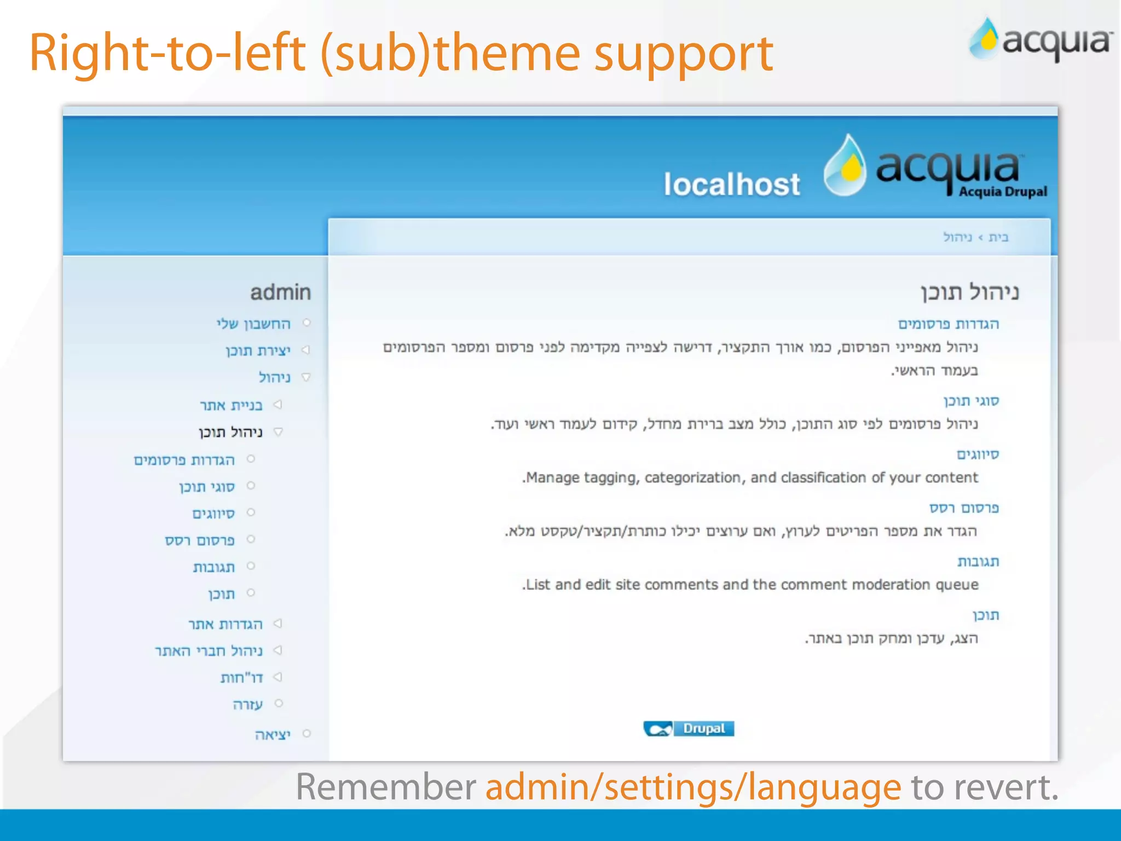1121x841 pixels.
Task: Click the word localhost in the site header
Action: (732, 184)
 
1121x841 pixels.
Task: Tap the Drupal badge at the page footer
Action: (689, 729)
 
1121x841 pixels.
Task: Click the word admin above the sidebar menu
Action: (280, 292)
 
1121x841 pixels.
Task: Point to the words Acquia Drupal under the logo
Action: (1003, 192)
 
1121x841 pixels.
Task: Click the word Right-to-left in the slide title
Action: (167, 53)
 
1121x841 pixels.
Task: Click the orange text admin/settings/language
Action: (693, 787)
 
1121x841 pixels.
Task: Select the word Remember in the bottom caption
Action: (386, 787)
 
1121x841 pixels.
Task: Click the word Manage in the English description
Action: (552, 478)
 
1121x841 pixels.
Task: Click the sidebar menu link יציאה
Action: (273, 735)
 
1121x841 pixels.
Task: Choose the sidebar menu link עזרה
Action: (248, 705)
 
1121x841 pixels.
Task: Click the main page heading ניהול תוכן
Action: (969, 292)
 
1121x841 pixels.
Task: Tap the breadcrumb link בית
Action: (998, 237)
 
